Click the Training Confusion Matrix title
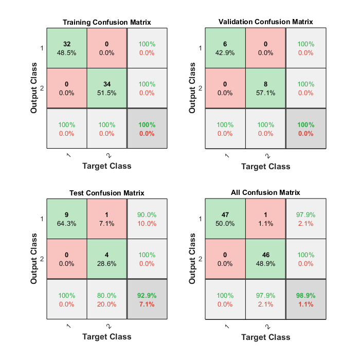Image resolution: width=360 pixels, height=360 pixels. (x=107, y=22)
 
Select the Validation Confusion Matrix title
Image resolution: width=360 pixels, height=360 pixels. (x=265, y=22)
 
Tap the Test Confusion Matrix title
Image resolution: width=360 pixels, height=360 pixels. (x=107, y=193)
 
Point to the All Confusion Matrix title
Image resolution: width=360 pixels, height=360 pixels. (x=265, y=192)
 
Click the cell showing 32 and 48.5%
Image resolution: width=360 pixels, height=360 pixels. (x=67, y=48)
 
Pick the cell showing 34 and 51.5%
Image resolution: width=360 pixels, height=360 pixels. (x=107, y=88)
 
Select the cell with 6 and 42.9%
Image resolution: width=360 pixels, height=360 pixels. (x=225, y=48)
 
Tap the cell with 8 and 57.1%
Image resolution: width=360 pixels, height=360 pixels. (x=265, y=88)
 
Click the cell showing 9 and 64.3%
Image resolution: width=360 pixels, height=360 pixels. (x=67, y=219)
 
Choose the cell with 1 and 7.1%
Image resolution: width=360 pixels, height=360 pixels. (x=107, y=219)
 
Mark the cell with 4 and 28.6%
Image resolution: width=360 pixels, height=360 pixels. (x=107, y=259)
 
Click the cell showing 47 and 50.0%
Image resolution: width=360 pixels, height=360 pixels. (x=225, y=219)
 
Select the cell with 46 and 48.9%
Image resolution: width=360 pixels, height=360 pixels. (x=265, y=259)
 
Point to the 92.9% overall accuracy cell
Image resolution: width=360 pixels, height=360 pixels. (x=147, y=299)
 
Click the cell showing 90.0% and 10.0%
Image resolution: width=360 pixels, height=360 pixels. (x=147, y=219)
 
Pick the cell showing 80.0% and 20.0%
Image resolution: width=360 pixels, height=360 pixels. (x=107, y=299)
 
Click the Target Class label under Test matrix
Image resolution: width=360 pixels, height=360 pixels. (x=107, y=336)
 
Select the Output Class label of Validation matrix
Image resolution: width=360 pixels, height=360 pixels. (x=193, y=88)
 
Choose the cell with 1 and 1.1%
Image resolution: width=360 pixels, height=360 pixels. (x=265, y=219)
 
